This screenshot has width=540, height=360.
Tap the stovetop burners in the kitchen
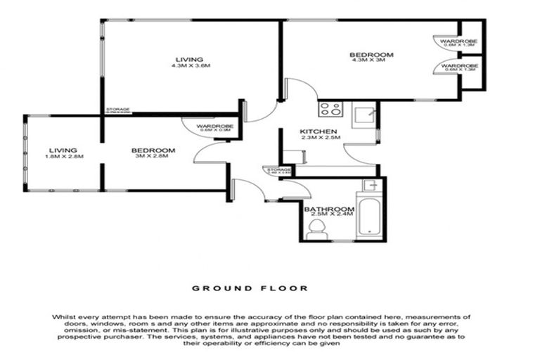[x=330, y=109]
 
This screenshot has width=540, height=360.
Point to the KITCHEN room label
[x=320, y=131]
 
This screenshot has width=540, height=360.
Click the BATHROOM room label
[x=328, y=209]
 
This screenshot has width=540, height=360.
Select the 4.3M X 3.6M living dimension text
[x=191, y=66]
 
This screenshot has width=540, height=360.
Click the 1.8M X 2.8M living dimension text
[x=63, y=157]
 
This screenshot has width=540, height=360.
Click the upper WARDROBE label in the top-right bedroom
[x=459, y=42]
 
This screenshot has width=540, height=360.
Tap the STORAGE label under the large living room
[x=117, y=110]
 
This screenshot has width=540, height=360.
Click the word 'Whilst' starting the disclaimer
[x=63, y=318]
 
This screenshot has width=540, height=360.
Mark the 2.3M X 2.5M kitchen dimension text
[x=320, y=138]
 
